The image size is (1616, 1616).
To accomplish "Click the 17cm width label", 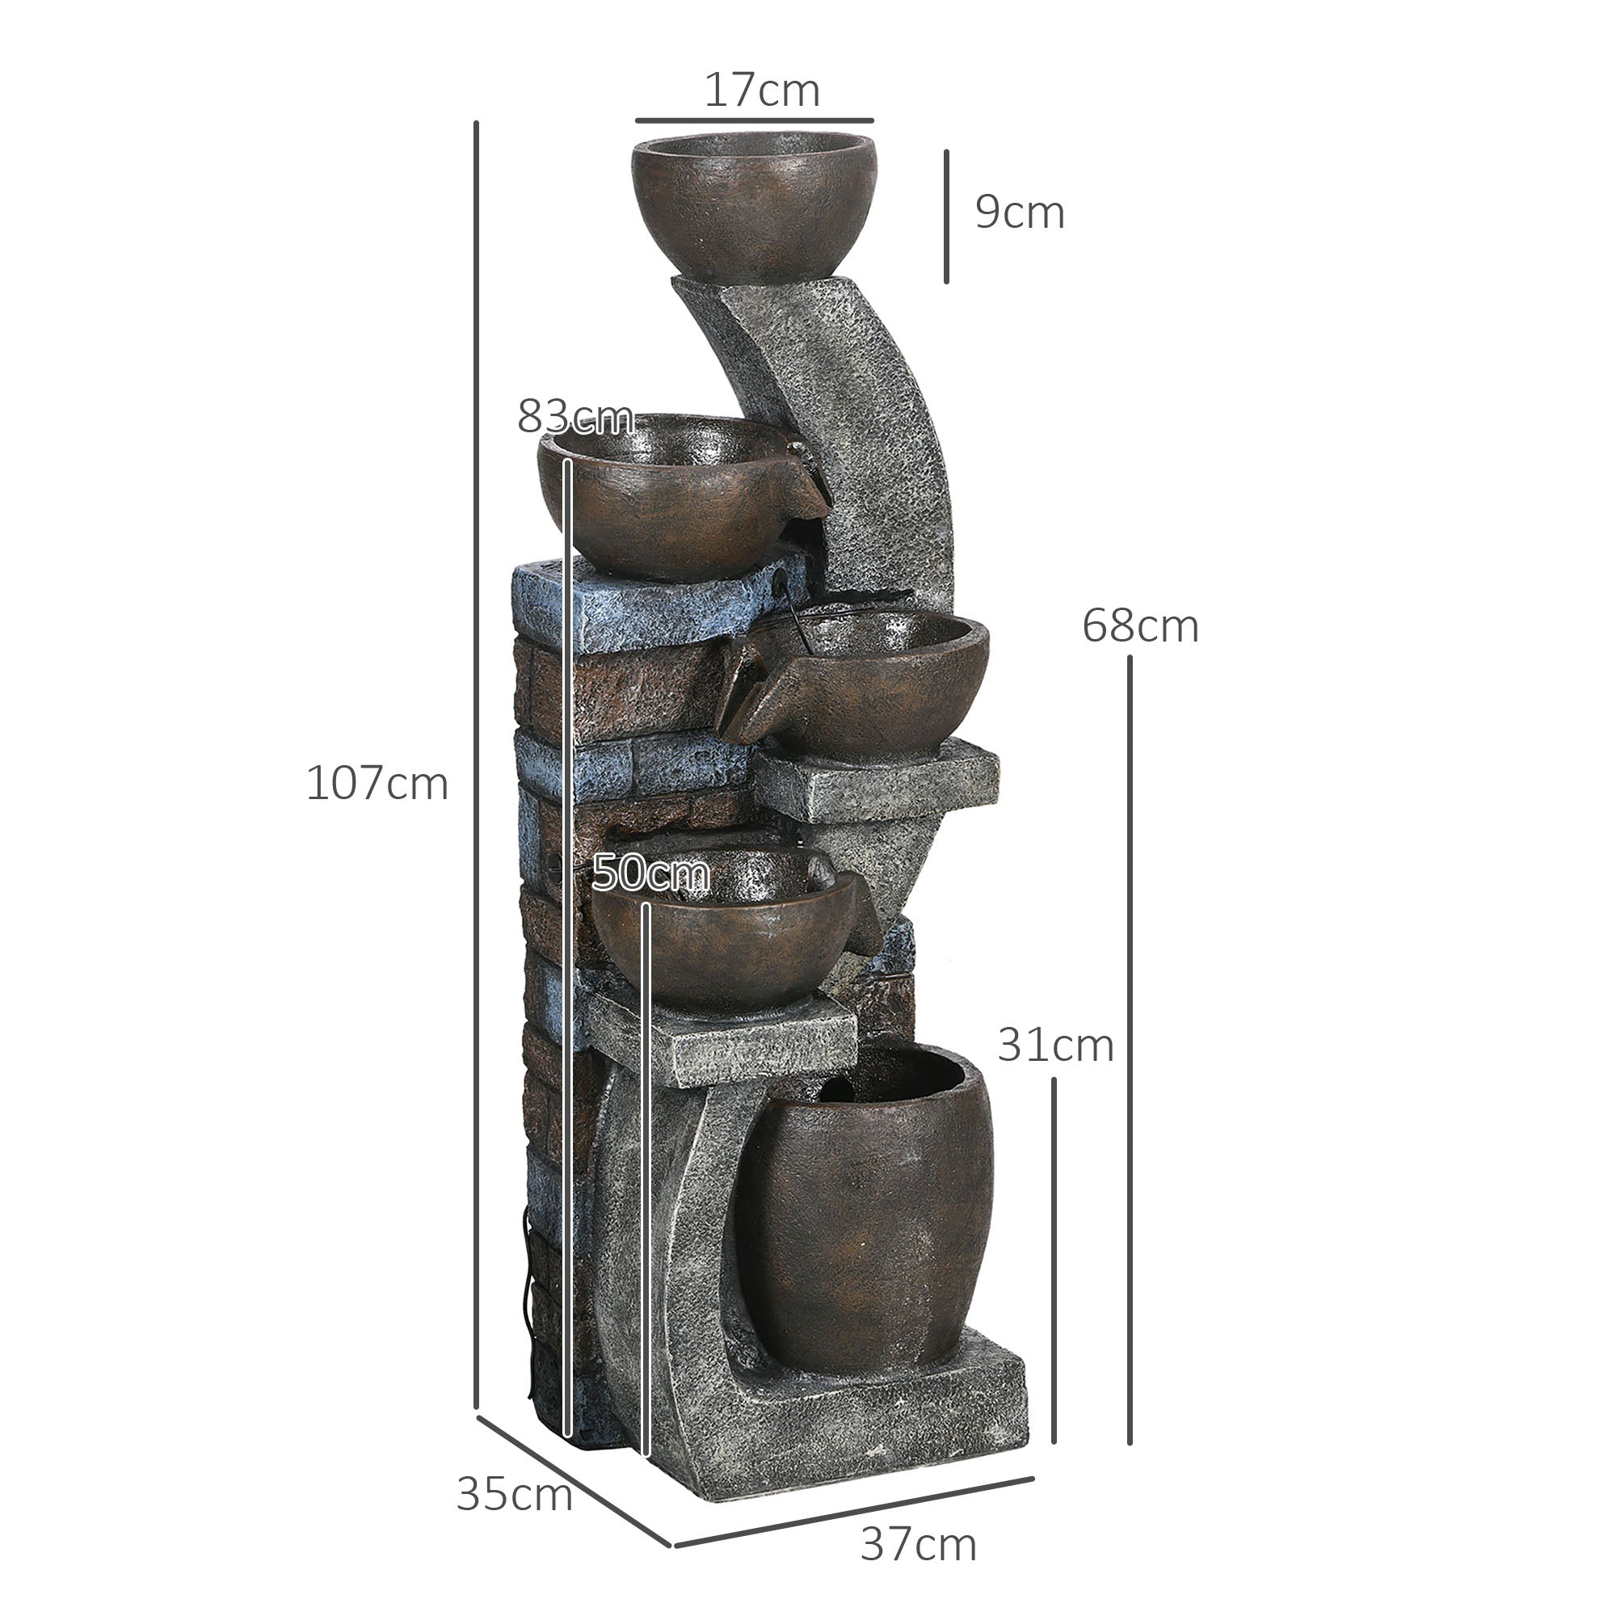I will coord(761,90).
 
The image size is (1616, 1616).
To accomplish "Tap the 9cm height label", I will coord(1019,213).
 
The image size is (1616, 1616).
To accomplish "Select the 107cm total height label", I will coord(377,784).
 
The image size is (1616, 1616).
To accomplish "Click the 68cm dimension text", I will coord(1139,625).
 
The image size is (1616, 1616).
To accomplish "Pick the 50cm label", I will coord(650,873).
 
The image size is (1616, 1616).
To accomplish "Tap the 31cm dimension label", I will coord(1054,1046).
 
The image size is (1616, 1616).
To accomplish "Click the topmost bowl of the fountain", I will coord(754,205).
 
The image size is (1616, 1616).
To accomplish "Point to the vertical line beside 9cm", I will coord(946,217).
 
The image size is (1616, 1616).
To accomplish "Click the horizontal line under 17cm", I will coord(754,120).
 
